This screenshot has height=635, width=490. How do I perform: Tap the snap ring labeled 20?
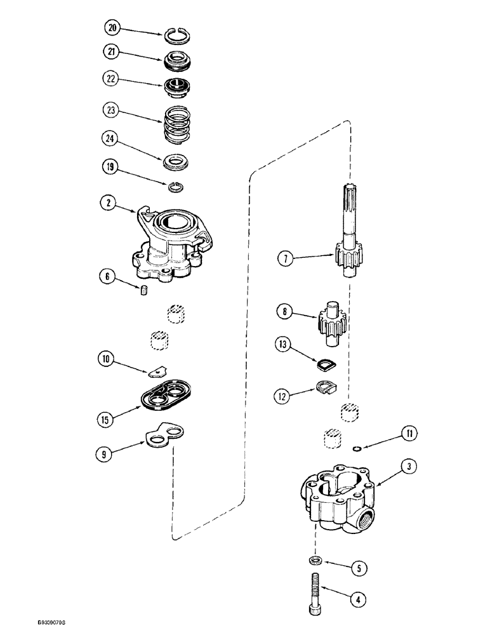point(180,37)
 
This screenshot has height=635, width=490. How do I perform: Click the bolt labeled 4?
point(317,593)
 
